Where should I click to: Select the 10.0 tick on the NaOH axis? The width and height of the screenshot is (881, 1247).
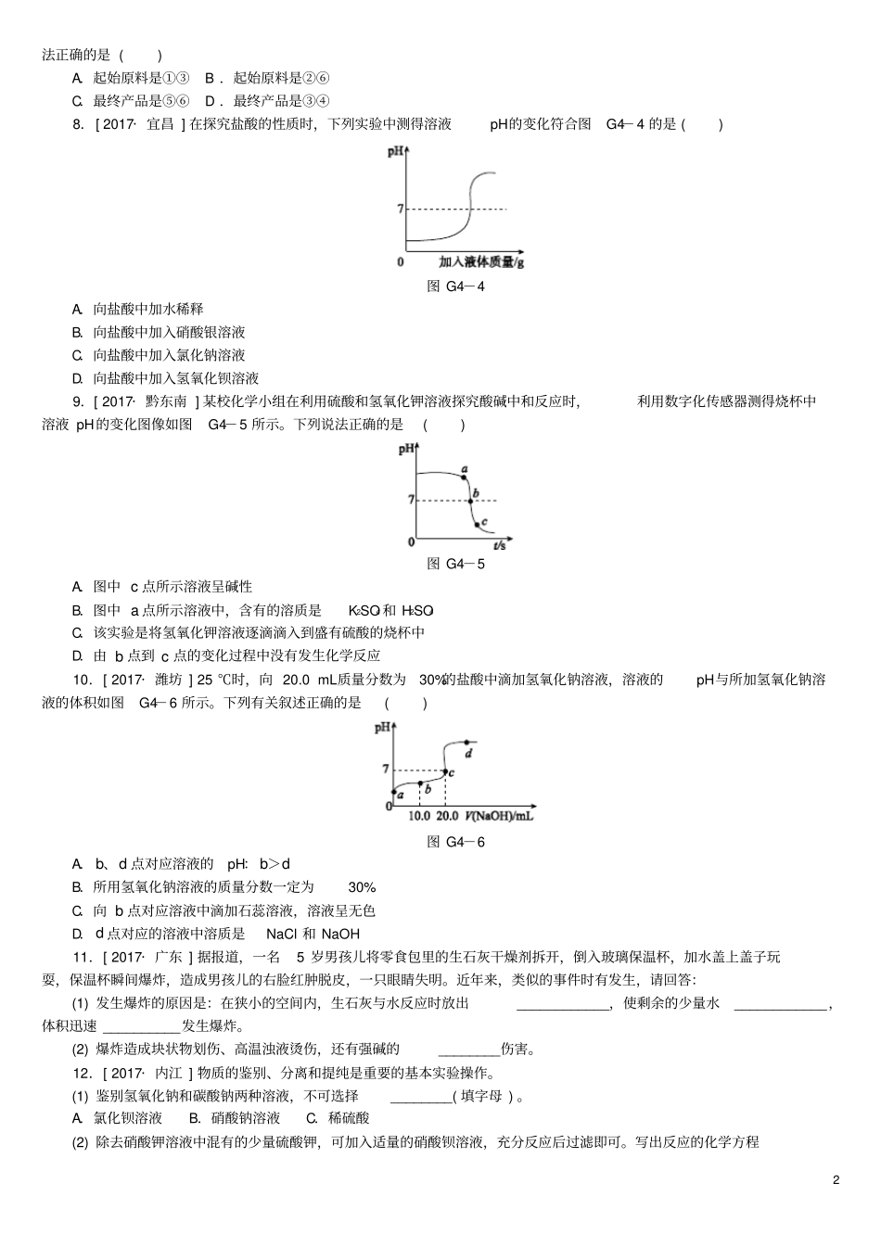point(420,816)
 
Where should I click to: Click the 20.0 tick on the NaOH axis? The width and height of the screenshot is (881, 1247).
point(447,816)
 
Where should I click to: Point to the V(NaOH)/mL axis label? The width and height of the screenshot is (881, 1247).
point(500,816)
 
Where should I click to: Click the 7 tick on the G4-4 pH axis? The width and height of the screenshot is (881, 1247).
point(401,210)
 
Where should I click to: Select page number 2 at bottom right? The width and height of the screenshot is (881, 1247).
point(836,1180)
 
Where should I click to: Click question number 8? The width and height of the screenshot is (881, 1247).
point(78,124)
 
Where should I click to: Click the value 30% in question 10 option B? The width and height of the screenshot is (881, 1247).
point(362,887)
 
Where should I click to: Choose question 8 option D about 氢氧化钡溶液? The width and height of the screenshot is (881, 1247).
point(175,378)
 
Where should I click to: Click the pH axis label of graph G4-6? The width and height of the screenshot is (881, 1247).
point(382,728)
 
